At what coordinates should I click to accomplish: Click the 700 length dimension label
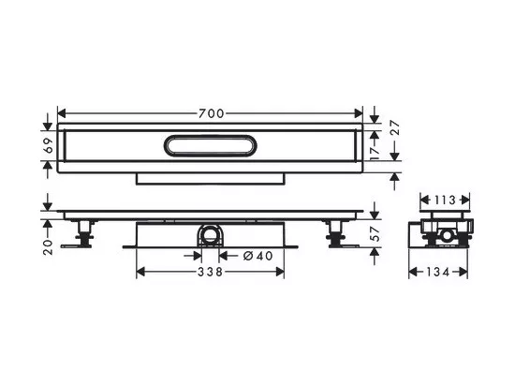click(x=212, y=113)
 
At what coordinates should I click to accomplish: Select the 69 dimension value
click(x=49, y=145)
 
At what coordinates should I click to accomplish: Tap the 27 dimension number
click(x=396, y=127)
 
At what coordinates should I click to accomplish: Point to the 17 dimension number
click(x=375, y=153)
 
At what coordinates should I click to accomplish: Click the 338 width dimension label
click(x=210, y=272)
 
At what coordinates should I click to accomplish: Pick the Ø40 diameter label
click(x=258, y=256)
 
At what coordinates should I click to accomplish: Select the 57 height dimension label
click(x=375, y=234)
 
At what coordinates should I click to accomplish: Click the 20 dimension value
click(x=49, y=247)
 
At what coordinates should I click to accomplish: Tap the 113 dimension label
click(x=445, y=200)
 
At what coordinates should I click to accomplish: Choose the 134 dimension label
click(x=438, y=272)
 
